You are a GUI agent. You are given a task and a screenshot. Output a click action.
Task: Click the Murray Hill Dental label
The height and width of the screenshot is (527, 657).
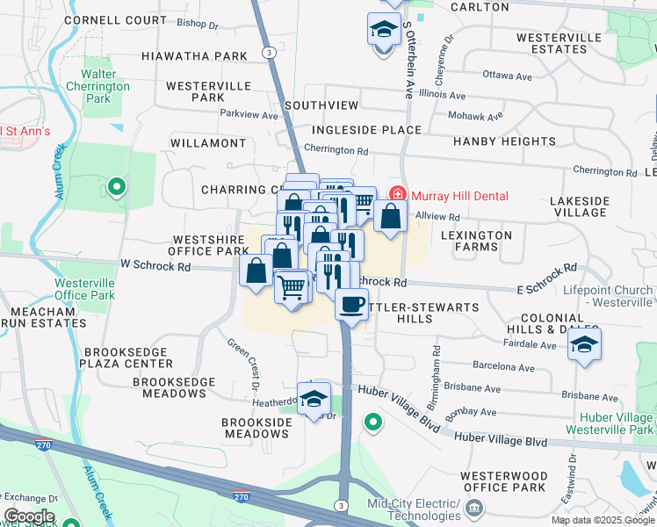pyautogui.click(x=458, y=195)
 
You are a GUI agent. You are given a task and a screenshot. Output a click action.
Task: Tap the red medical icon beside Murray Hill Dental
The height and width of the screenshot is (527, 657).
pyautogui.click(x=396, y=194)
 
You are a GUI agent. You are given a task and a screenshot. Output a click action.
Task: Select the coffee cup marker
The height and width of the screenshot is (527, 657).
pyautogui.click(x=351, y=306)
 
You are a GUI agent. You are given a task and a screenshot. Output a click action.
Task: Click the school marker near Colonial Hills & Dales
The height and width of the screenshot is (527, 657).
pyautogui.click(x=583, y=344)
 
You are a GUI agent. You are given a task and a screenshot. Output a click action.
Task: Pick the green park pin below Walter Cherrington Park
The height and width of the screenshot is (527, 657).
pyautogui.click(x=116, y=186)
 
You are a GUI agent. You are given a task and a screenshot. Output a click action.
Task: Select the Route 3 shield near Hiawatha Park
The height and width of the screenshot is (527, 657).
pyautogui.click(x=268, y=54)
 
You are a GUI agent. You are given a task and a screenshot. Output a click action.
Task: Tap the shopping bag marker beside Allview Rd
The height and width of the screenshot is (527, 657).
pyautogui.click(x=390, y=216)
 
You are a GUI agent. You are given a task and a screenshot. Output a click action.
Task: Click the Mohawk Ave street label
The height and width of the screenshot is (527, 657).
pyautogui.click(x=475, y=116)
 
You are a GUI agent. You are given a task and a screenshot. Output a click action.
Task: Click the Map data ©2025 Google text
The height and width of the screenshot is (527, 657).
pyautogui.click(x=603, y=520)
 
